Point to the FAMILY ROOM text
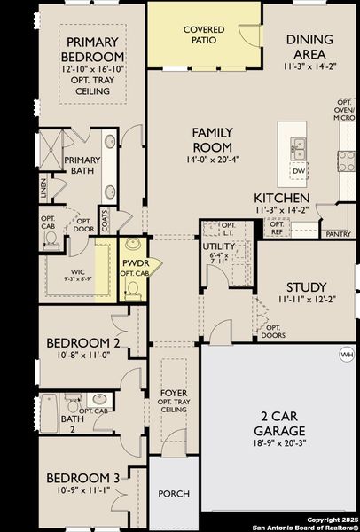click(x=213, y=139)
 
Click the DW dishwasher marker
click(x=299, y=171)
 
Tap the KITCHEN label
click(x=281, y=197)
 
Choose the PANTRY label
click(x=337, y=234)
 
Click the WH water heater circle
click(x=346, y=355)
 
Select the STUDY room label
click(x=306, y=287)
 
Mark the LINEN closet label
click(x=43, y=189)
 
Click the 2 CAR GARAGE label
click(x=281, y=423)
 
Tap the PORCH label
click(x=174, y=493)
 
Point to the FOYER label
click(x=174, y=393)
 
